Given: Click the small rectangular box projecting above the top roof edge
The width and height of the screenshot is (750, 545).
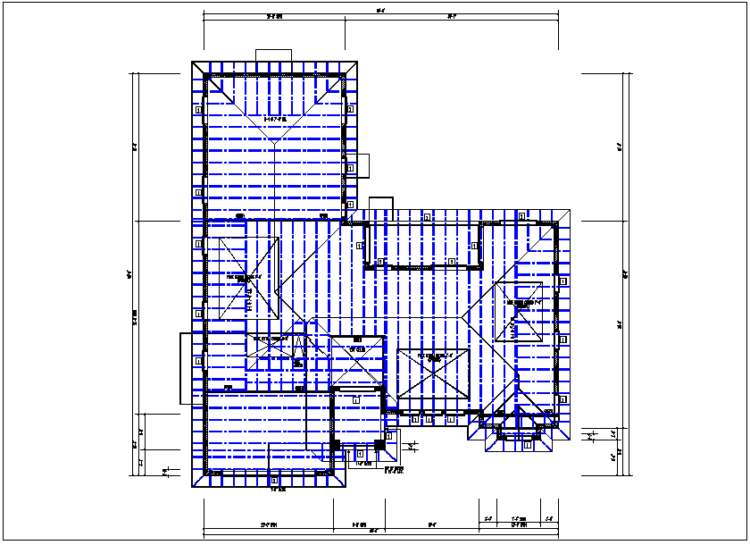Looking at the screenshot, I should coord(274,54).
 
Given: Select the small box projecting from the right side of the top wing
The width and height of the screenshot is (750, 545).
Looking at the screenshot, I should coord(362,165).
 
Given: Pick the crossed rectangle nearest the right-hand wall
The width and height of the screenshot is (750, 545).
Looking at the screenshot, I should coord(518,311).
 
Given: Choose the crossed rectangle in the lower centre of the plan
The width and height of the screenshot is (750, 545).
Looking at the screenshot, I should coord(433,375).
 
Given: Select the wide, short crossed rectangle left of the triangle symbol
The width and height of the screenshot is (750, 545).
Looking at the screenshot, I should coord(270,351).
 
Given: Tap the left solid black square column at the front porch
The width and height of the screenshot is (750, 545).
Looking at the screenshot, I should coord(335,444).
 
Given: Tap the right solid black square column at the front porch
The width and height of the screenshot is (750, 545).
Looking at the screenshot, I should coord(379,444).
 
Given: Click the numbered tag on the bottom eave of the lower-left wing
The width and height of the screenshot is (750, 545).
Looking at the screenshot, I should coord(274,481).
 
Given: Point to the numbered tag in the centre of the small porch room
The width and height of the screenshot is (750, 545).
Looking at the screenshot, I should coord(355,399).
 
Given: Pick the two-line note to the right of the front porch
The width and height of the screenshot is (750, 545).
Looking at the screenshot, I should coord(394,469).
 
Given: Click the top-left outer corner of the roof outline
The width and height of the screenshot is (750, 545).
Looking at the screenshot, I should coord(193,62).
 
